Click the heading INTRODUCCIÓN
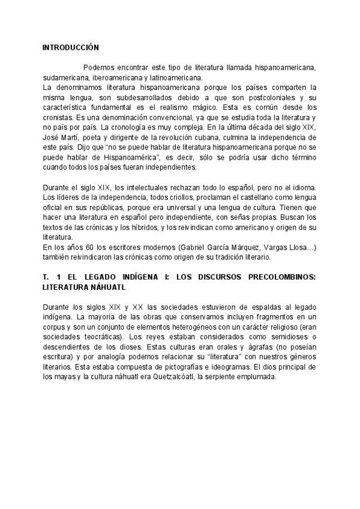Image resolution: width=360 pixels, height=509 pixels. pyautogui.click(x=71, y=47)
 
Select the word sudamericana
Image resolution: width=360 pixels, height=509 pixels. pyautogui.click(x=65, y=77)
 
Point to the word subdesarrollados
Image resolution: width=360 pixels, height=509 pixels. pyautogui.click(x=155, y=97)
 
